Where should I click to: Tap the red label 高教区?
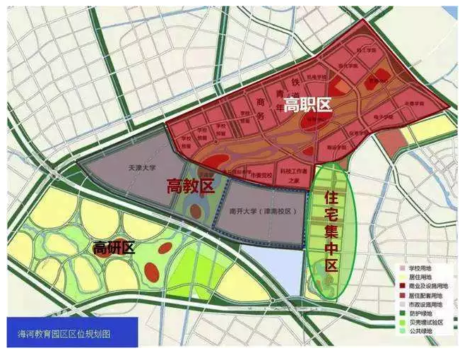click(x=190, y=186)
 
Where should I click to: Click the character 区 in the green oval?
click(x=328, y=266)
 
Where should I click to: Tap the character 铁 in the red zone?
click(x=276, y=83)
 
